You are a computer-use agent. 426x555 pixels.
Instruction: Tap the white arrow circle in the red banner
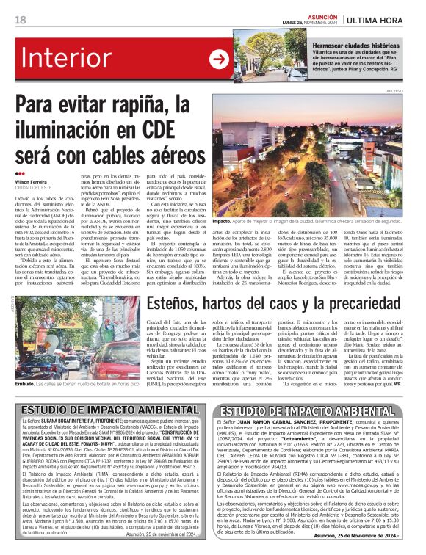coord(219,59)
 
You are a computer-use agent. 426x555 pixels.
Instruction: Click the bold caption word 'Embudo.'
coord(26,382)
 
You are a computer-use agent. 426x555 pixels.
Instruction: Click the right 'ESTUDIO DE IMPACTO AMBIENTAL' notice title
coord(317,412)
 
